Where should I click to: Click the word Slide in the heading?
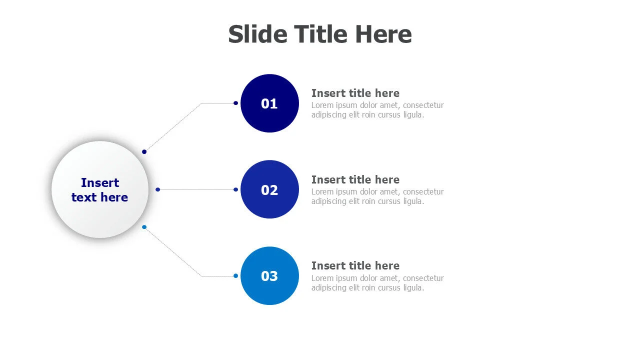click(257, 34)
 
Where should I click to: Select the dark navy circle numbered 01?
click(269, 103)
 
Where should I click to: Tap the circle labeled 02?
click(269, 189)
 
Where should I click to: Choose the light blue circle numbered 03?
click(269, 276)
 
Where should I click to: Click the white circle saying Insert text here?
click(100, 189)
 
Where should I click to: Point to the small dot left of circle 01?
click(235, 103)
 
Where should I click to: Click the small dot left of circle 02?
click(235, 189)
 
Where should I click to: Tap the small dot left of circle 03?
click(235, 275)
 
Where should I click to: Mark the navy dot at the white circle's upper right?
click(144, 151)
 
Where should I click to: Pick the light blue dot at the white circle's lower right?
click(144, 227)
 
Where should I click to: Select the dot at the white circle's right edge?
click(157, 189)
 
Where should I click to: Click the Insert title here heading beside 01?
click(355, 93)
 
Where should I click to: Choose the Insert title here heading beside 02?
click(355, 179)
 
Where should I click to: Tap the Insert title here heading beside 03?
click(355, 265)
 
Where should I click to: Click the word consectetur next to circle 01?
click(423, 105)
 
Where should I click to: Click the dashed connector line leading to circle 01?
click(172, 127)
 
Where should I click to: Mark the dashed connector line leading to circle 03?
click(172, 251)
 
